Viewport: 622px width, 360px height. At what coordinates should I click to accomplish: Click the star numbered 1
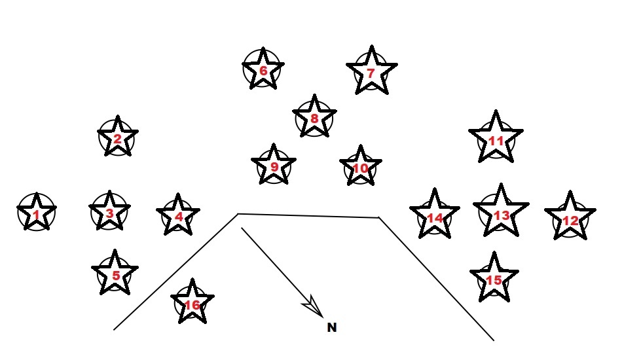[x=36, y=214]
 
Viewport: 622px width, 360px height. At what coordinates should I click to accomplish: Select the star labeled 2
[x=117, y=138]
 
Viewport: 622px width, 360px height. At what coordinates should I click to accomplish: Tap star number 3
[x=109, y=212]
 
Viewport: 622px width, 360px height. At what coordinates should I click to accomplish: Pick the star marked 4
[x=178, y=215]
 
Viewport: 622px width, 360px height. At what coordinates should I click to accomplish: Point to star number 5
[x=115, y=274]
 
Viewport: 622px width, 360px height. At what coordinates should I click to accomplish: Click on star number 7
[x=371, y=73]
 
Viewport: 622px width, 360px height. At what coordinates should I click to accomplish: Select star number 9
[x=274, y=166]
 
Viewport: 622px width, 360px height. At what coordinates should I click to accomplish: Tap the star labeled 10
[x=360, y=168]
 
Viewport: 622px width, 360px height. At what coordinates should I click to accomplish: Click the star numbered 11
[x=496, y=139]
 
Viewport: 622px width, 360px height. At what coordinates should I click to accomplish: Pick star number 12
[x=570, y=219]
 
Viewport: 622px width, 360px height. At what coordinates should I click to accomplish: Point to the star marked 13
[x=501, y=213]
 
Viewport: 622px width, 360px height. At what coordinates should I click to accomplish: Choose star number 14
[x=435, y=216]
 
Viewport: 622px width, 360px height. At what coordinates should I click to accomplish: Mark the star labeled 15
[x=494, y=279]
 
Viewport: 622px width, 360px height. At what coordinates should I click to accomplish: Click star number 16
[x=192, y=304]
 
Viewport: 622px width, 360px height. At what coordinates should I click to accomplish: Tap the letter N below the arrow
[x=332, y=327]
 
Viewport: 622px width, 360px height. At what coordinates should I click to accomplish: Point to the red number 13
[x=501, y=215]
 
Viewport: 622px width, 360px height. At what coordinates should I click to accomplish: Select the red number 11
[x=496, y=140]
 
